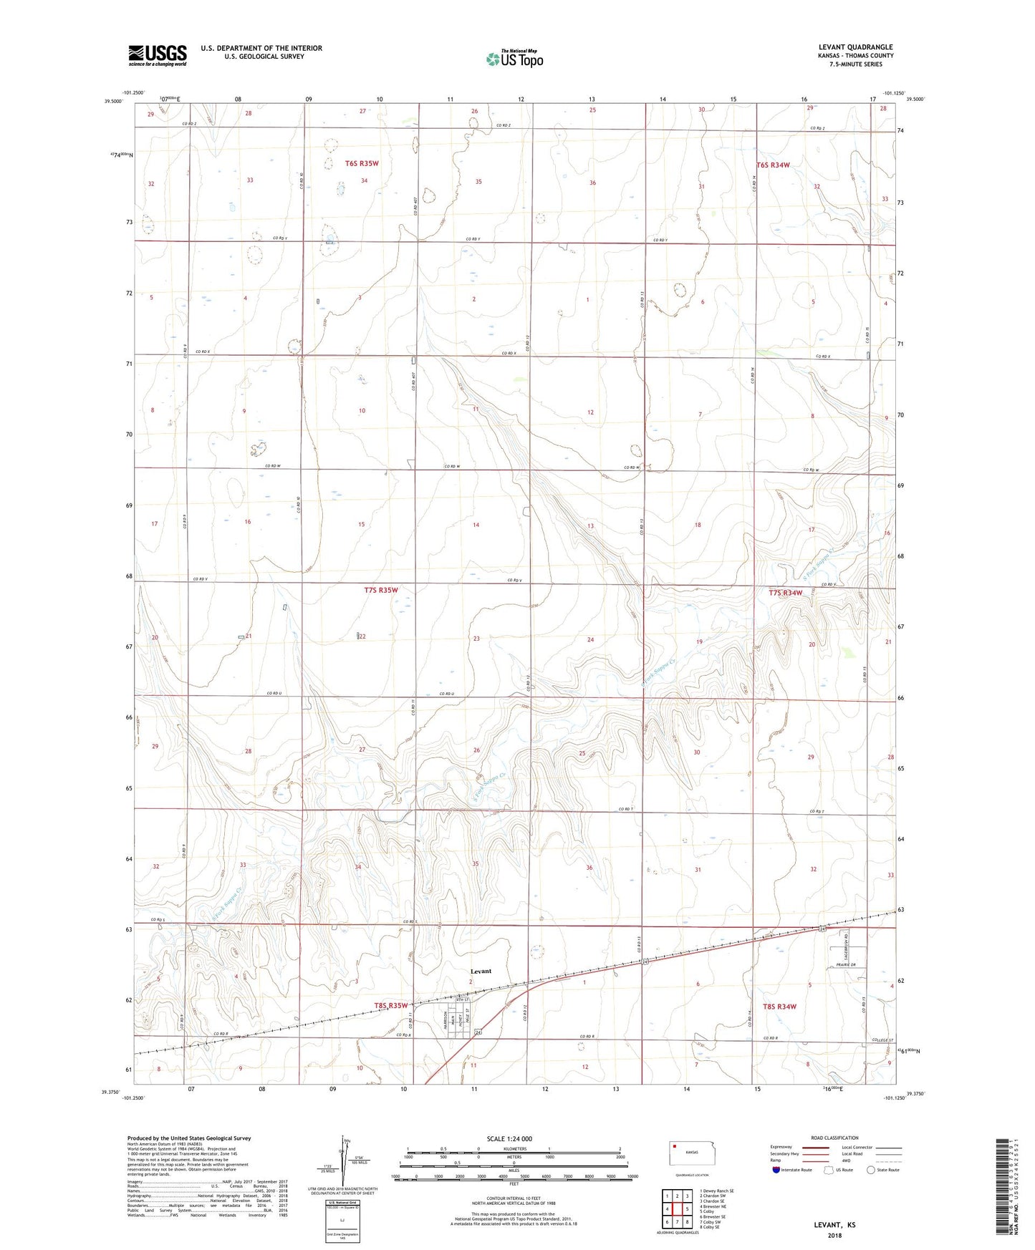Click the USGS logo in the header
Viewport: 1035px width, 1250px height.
tap(157, 55)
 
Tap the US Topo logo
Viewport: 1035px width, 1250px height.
tap(514, 59)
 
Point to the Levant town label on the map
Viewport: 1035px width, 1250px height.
tap(481, 972)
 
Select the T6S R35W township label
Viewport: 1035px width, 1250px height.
tap(362, 163)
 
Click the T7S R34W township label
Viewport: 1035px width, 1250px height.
tap(785, 593)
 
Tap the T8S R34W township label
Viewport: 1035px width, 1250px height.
tap(779, 1007)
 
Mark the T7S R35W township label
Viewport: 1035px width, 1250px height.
tap(380, 591)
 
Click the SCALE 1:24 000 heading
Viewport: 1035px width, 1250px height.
tap(509, 1139)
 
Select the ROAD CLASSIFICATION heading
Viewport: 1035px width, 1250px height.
tap(834, 1138)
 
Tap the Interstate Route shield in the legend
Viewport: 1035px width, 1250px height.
tap(777, 1171)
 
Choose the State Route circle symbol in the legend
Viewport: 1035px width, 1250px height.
tap(870, 1171)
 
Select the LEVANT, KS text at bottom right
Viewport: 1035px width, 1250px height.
tap(834, 1225)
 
